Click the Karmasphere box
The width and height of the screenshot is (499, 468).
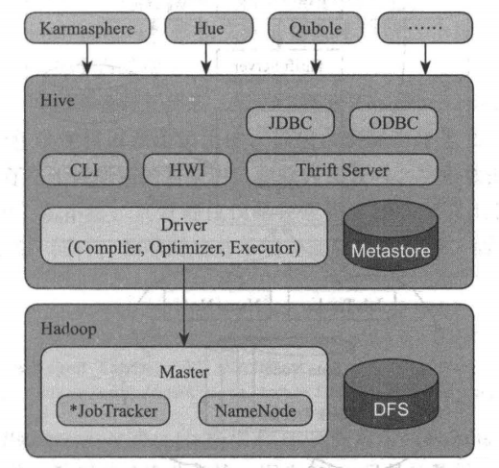[87, 28]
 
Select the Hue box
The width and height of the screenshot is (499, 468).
[209, 28]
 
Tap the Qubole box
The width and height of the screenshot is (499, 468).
[316, 28]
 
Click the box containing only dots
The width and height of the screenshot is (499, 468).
[425, 28]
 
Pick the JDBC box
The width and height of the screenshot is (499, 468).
[291, 123]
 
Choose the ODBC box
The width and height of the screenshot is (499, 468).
[393, 123]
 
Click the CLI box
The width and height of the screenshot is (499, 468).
[84, 169]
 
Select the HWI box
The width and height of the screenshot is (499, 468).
[187, 169]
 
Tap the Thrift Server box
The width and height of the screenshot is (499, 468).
[342, 169]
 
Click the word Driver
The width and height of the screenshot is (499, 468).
[184, 225]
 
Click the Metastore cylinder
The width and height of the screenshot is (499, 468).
[391, 235]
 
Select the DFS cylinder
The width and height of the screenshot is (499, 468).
[392, 394]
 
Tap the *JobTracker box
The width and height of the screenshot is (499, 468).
[113, 410]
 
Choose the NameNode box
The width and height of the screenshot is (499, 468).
[255, 410]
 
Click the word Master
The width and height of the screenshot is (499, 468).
[184, 372]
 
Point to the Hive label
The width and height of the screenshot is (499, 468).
[58, 100]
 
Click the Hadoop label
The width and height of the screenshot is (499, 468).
[69, 330]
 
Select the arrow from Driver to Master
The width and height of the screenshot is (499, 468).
[184, 306]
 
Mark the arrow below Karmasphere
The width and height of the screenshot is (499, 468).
[87, 59]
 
